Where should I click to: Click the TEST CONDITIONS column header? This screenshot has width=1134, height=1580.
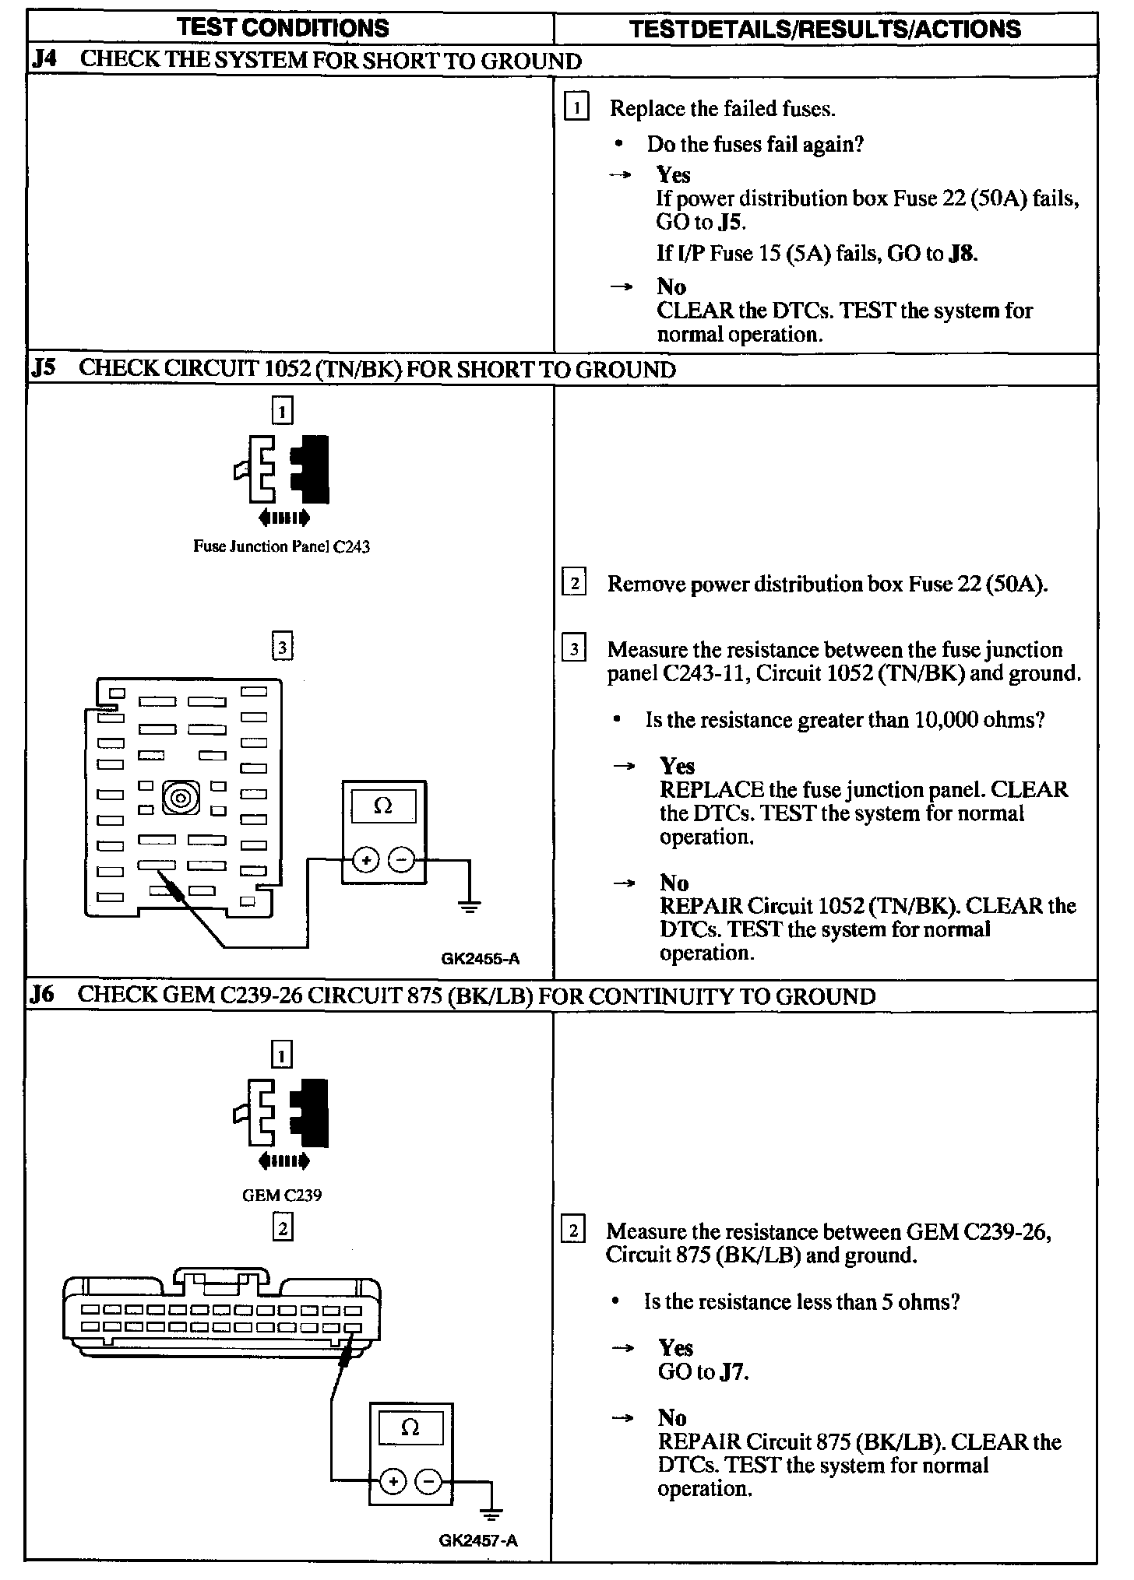[283, 29]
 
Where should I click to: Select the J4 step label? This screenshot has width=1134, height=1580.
[44, 61]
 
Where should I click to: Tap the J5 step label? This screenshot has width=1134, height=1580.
[44, 368]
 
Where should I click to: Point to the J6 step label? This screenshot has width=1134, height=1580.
[44, 995]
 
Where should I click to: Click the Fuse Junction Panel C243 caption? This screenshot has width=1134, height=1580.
[281, 546]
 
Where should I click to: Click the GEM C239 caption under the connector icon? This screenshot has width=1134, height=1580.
[282, 1195]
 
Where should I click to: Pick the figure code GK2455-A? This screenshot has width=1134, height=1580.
[480, 959]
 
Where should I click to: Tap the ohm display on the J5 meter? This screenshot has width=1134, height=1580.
[383, 807]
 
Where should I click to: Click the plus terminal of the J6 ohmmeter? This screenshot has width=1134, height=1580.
[393, 1480]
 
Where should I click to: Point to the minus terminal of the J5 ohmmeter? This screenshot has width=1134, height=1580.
[401, 860]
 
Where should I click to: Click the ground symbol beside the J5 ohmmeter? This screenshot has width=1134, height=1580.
[469, 905]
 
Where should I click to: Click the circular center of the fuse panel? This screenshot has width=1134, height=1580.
[181, 798]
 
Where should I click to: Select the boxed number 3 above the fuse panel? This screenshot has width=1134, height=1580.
[283, 646]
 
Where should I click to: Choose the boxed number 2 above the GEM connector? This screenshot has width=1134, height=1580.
[282, 1227]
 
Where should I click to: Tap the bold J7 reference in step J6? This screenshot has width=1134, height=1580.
[732, 1371]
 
